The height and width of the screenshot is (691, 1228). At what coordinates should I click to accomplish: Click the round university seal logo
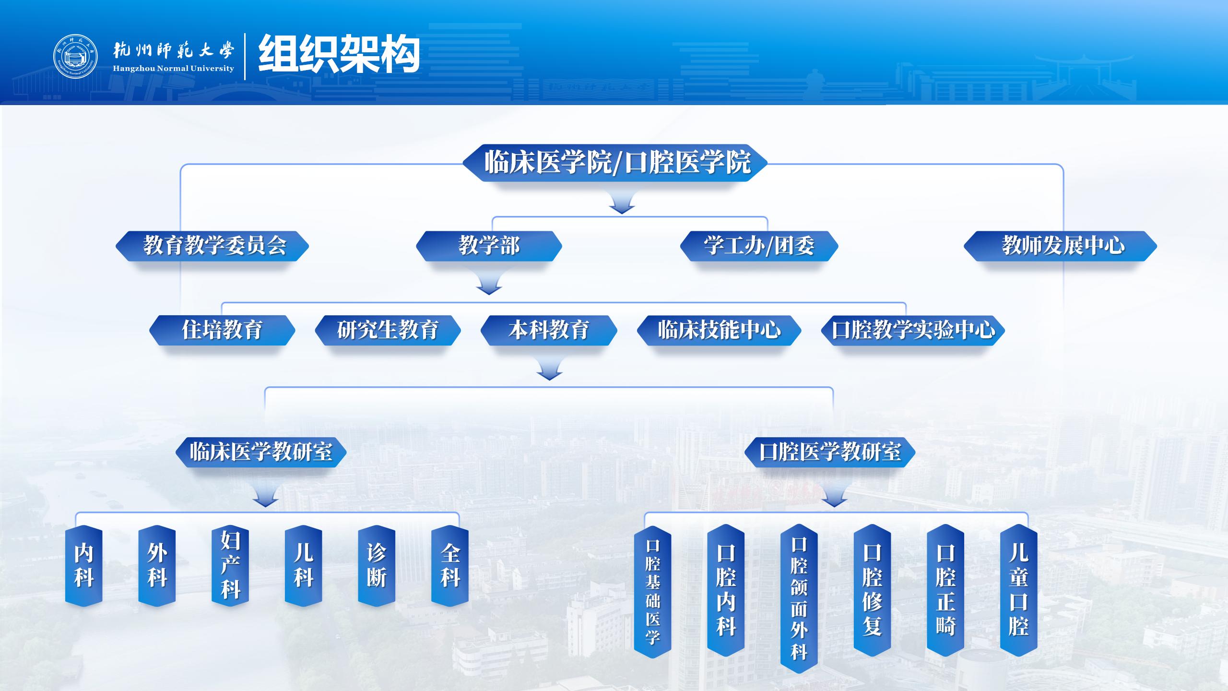[x=75, y=56]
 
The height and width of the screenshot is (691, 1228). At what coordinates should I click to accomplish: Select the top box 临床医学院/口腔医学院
[x=615, y=163]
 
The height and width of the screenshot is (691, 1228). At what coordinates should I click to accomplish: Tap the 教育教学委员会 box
[x=212, y=246]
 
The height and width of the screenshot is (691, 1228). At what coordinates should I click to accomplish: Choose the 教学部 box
[x=489, y=246]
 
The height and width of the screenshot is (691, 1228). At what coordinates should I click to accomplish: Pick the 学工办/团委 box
[x=759, y=246]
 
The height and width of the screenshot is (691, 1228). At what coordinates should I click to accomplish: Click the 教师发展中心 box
[x=1061, y=246]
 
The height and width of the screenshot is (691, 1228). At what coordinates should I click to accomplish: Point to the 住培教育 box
[x=222, y=330]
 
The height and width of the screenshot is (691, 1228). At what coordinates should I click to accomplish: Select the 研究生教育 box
[x=388, y=330]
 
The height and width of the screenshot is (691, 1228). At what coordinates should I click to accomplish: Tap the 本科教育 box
[x=549, y=330]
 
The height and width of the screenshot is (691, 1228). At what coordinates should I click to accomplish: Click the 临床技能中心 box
[x=719, y=330]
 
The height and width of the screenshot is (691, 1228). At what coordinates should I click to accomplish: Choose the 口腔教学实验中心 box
[x=913, y=330]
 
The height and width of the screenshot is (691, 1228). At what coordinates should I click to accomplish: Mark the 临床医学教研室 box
[x=261, y=452]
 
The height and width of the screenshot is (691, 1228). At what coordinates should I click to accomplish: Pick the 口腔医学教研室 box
[x=830, y=452]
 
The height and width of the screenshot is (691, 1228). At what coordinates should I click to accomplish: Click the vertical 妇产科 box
[x=230, y=566]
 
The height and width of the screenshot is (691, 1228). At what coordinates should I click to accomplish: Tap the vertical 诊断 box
[x=377, y=566]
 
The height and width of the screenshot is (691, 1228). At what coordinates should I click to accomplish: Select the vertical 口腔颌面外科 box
[x=799, y=598]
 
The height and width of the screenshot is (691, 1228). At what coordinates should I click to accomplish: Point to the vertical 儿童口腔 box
[x=1019, y=590]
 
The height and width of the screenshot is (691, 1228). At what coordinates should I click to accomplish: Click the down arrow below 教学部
[x=489, y=282]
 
